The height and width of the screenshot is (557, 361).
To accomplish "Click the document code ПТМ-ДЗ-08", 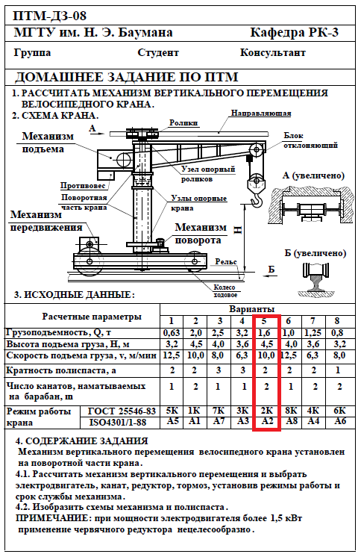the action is click(49, 16).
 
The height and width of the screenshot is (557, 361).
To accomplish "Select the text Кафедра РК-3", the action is click(295, 33).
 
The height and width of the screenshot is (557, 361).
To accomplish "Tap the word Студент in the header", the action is click(158, 53).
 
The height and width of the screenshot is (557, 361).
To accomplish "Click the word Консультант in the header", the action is click(272, 53).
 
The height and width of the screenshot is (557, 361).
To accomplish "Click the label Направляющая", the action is click(261, 113).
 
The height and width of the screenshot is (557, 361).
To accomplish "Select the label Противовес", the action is click(83, 186).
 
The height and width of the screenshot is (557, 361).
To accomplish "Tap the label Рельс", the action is click(226, 262).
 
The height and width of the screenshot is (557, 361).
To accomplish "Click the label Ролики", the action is click(183, 123).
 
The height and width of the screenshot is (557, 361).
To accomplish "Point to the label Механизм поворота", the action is click(201, 234).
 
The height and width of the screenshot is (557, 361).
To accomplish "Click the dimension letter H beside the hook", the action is click(238, 230).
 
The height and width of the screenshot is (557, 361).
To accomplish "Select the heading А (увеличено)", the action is click(313, 175).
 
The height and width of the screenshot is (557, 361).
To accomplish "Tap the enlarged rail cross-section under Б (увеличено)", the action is click(316, 278).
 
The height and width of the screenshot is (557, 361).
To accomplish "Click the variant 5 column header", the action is click(264, 321).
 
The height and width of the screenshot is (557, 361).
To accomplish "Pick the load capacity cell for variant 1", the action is click(172, 333).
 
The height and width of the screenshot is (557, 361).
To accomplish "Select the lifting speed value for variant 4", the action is click(242, 355).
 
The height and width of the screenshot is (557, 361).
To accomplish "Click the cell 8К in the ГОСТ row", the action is click(291, 411).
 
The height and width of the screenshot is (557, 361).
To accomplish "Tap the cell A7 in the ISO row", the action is click(219, 422).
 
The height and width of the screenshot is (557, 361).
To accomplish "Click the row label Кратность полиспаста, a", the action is click(61, 371).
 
